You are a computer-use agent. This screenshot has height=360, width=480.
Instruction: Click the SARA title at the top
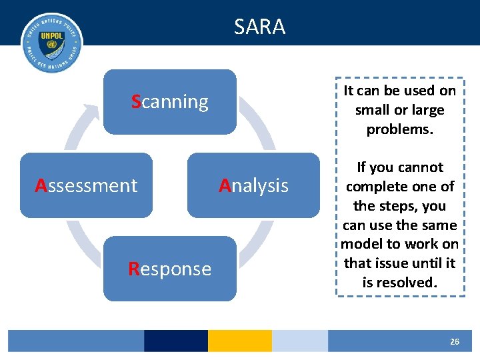click(x=259, y=27)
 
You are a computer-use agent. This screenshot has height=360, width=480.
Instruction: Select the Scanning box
click(x=169, y=102)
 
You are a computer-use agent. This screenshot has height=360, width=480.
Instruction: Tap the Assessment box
click(x=86, y=185)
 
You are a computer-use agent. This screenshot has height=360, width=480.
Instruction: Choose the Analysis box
click(x=253, y=185)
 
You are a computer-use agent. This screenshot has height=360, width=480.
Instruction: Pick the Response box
click(x=169, y=269)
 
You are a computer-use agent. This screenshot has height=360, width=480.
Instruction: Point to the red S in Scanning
click(x=136, y=102)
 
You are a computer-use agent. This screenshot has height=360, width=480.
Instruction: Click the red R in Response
click(x=133, y=269)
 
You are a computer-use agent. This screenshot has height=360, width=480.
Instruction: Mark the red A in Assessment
click(x=41, y=185)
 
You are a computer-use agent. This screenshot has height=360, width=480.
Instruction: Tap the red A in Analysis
click(x=225, y=185)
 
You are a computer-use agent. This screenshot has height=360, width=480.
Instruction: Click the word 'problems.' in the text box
click(x=400, y=129)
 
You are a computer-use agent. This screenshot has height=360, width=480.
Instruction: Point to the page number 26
click(x=454, y=341)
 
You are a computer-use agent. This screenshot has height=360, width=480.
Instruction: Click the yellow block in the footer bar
click(x=239, y=341)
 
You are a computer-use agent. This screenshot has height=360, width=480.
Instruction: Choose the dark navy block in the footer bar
click(x=175, y=341)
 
